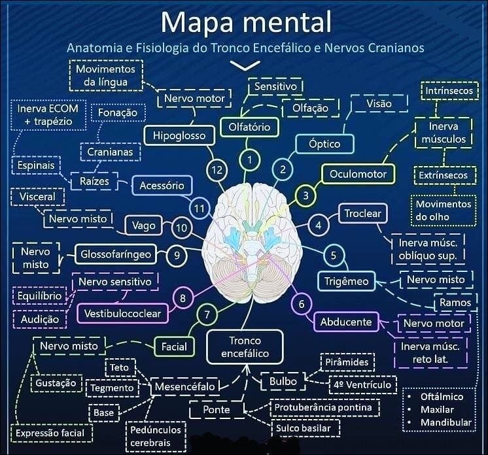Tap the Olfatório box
(249, 126)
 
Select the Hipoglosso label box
(179, 136)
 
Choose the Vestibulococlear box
(122, 314)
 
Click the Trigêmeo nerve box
(347, 282)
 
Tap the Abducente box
(346, 322)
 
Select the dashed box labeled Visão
(379, 104)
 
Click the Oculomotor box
(358, 174)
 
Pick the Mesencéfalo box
(184, 387)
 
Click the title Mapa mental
(246, 22)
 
